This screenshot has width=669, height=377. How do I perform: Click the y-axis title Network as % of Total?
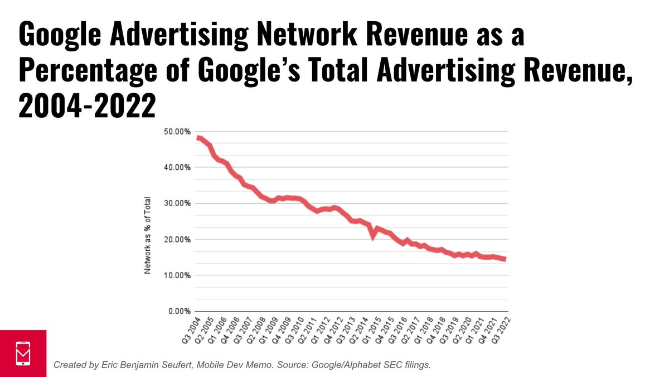pos(148,235)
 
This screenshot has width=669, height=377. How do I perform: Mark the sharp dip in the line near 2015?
pos(374,236)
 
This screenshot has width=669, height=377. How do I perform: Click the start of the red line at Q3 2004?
pos(198,138)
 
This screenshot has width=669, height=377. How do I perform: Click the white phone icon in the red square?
pos(23,353)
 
